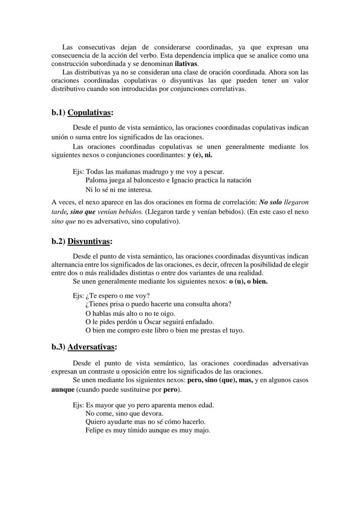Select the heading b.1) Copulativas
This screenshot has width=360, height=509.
pyautogui.click(x=82, y=113)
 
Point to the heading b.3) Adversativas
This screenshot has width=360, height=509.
pyautogui.click(x=84, y=347)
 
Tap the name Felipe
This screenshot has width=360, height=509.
pyautogui.click(x=95, y=430)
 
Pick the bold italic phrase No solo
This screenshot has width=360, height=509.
pyautogui.click(x=270, y=203)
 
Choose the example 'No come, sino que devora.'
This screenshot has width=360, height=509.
pyautogui.click(x=124, y=413)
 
